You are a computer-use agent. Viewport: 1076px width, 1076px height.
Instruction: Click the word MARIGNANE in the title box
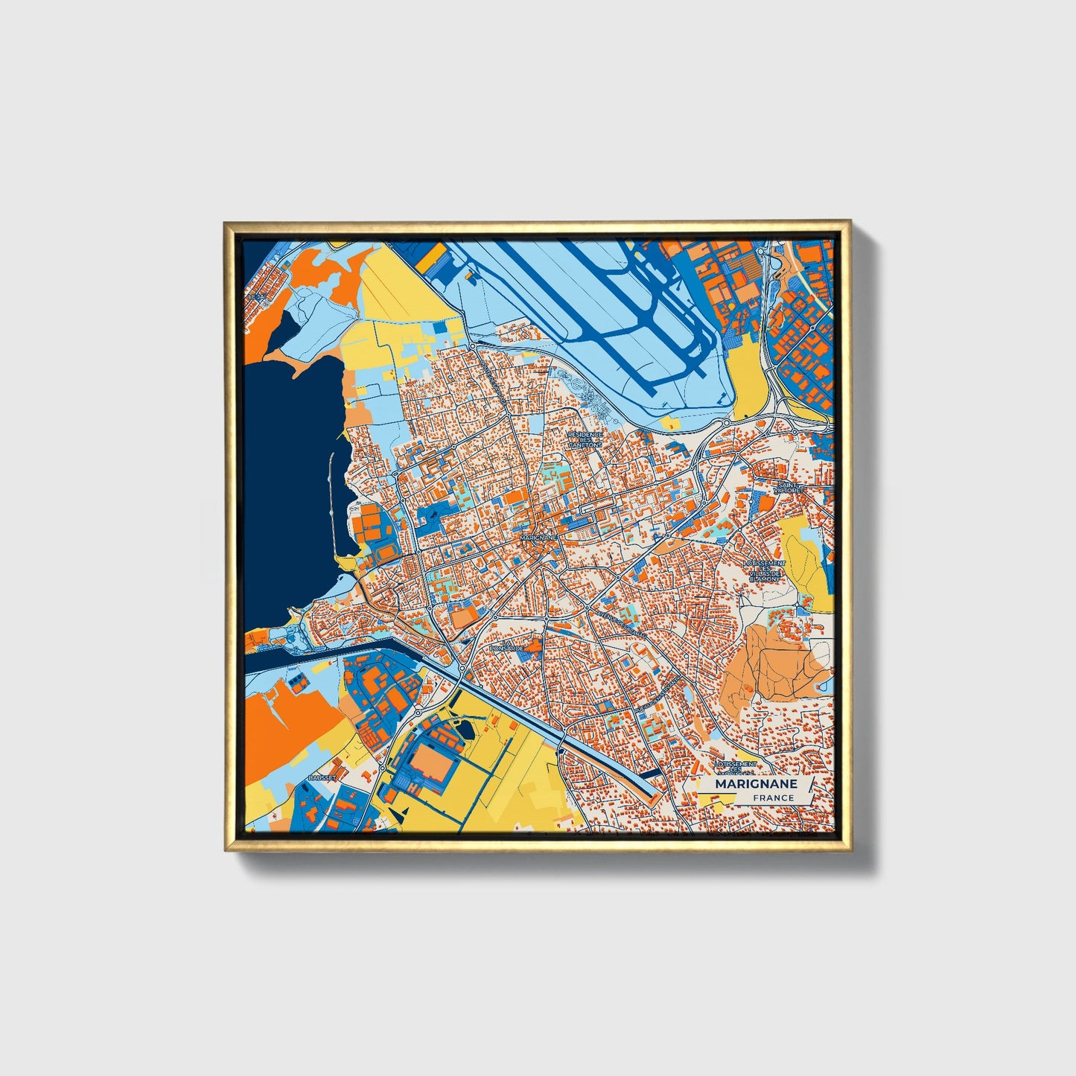(756, 784)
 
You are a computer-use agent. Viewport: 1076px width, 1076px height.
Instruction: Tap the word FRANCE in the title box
(773, 798)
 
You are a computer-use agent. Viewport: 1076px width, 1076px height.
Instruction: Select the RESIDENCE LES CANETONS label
(585, 439)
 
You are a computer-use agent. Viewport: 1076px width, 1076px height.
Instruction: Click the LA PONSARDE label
(514, 646)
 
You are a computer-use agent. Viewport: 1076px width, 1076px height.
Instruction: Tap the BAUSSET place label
(322, 777)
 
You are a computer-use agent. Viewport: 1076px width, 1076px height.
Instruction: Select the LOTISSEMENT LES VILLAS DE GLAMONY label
(765, 570)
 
